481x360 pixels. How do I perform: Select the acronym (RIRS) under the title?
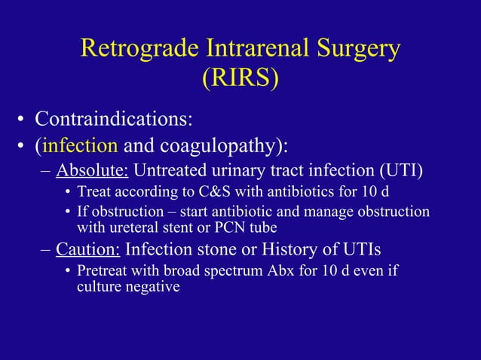click(240, 78)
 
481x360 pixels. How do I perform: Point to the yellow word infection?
click(81, 144)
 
